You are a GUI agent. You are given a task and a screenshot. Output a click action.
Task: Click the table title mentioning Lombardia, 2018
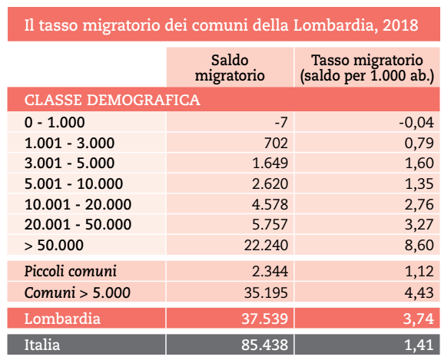(x=221, y=25)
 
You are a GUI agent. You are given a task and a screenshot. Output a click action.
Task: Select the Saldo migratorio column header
(x=230, y=68)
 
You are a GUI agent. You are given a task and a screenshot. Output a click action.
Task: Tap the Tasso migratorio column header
(x=366, y=68)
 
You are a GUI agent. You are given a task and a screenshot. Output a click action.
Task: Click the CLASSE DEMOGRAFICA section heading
(x=112, y=100)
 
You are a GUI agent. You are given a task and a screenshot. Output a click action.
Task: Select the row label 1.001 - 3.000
(x=69, y=143)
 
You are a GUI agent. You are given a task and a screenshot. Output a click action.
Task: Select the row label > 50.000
(x=54, y=246)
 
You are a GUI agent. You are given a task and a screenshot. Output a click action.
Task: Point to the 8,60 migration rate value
(x=419, y=246)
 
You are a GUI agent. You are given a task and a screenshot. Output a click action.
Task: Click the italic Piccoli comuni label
(x=71, y=271)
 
